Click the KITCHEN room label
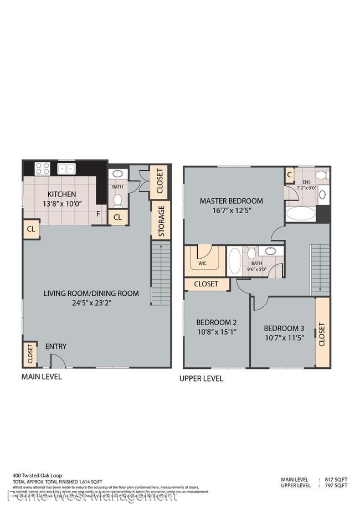pos(61,194)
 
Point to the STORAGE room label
pos(161,221)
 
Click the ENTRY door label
pos(56,347)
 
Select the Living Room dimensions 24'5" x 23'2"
pos(91,303)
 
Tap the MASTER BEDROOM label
pos(231,201)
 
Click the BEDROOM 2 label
pos(217,322)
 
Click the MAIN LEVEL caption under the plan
pos(42,377)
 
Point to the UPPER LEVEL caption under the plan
pos(201,379)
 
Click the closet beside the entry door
pos(29,353)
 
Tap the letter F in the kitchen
pos(98,213)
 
